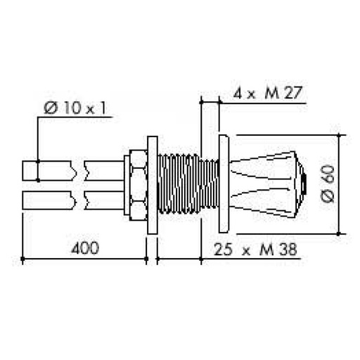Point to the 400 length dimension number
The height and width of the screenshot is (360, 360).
point(84,247)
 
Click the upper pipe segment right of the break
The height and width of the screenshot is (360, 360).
point(103,171)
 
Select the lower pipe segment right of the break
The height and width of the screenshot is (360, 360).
point(103,200)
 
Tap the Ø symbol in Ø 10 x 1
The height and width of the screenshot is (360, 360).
point(50,109)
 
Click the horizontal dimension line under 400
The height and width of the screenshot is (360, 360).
point(84,260)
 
